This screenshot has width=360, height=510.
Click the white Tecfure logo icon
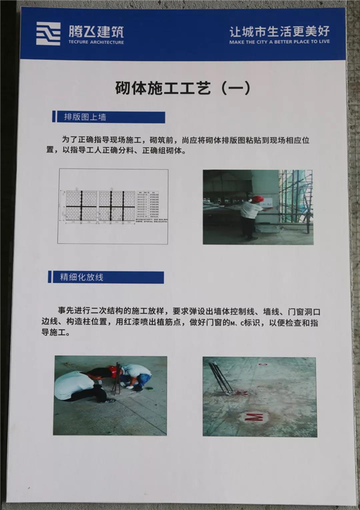[x=48, y=34]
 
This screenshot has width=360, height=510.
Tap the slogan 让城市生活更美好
[x=279, y=30]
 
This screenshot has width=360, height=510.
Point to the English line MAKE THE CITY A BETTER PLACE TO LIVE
[x=279, y=42]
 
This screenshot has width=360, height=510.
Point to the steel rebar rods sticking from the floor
[x=221, y=377]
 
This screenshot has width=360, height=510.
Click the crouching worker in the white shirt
[x=74, y=384]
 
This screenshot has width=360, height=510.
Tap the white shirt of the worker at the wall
[x=250, y=210]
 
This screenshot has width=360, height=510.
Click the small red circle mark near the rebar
[x=262, y=363]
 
